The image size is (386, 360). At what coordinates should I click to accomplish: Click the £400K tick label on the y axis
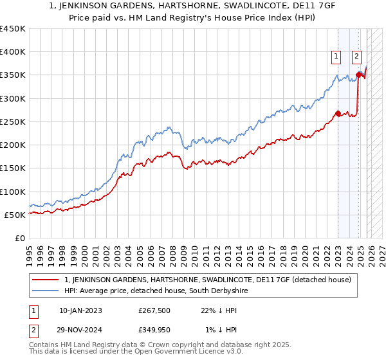[13, 52]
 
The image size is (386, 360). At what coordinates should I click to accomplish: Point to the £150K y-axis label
[13, 168]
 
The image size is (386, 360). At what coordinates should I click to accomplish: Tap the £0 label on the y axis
[21, 239]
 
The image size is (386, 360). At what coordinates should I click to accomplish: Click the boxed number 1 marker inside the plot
[336, 57]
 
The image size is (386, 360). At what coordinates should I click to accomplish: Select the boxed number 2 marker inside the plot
[356, 57]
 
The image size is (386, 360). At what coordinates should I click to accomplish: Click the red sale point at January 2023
[338, 114]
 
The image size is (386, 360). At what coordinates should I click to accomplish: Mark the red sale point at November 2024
[358, 75]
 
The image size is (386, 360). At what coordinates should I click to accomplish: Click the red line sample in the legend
[46, 280]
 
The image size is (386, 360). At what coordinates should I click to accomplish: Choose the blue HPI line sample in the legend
[46, 291]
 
